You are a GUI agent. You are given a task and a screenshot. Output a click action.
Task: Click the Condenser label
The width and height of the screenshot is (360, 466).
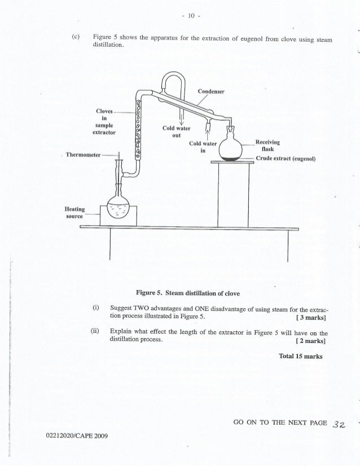click(211, 92)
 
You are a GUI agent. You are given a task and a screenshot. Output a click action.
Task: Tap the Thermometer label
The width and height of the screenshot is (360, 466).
click(82, 154)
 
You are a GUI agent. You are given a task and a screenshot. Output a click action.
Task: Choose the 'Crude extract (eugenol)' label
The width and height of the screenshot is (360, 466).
click(285, 159)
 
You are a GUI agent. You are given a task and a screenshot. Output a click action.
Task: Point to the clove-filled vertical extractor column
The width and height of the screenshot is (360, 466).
click(138, 128)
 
